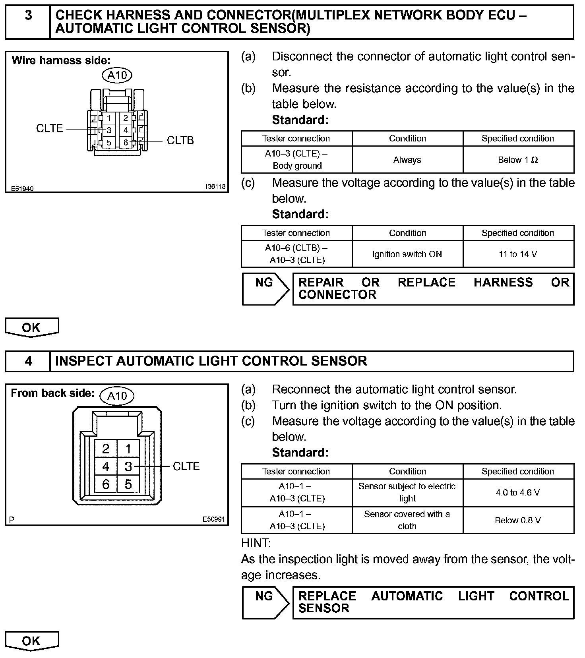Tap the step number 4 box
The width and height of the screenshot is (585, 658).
[28, 361]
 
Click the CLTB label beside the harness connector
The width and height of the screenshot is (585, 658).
[180, 141]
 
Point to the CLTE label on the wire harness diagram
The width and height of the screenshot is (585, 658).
[49, 129]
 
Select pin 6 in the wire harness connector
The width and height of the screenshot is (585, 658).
[126, 143]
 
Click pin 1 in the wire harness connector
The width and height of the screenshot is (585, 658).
[108, 118]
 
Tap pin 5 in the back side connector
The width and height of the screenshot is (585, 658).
[128, 484]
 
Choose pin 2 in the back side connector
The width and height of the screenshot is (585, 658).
[106, 449]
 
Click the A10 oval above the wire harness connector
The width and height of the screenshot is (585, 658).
[117, 75]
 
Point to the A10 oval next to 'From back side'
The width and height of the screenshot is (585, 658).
[117, 396]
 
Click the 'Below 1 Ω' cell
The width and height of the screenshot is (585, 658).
[518, 160]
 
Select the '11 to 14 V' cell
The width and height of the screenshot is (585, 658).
[518, 254]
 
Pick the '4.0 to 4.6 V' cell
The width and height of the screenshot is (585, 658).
[518, 493]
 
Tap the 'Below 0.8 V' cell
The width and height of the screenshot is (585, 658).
[518, 520]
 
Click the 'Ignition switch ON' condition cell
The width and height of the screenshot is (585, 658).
[407, 254]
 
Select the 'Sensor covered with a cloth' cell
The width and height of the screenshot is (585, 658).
[407, 520]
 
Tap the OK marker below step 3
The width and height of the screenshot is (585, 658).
[31, 327]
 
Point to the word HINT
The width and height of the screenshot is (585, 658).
[256, 543]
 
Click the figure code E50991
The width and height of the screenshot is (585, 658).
[213, 519]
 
